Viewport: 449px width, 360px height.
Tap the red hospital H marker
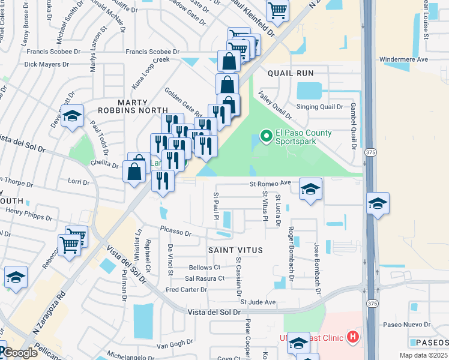353,337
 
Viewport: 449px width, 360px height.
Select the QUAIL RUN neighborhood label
297,73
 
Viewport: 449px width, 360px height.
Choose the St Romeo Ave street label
270,183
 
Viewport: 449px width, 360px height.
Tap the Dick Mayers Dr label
47,64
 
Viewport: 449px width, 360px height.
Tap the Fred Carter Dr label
186,290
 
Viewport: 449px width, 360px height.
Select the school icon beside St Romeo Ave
310,190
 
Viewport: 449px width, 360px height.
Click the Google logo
19,353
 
